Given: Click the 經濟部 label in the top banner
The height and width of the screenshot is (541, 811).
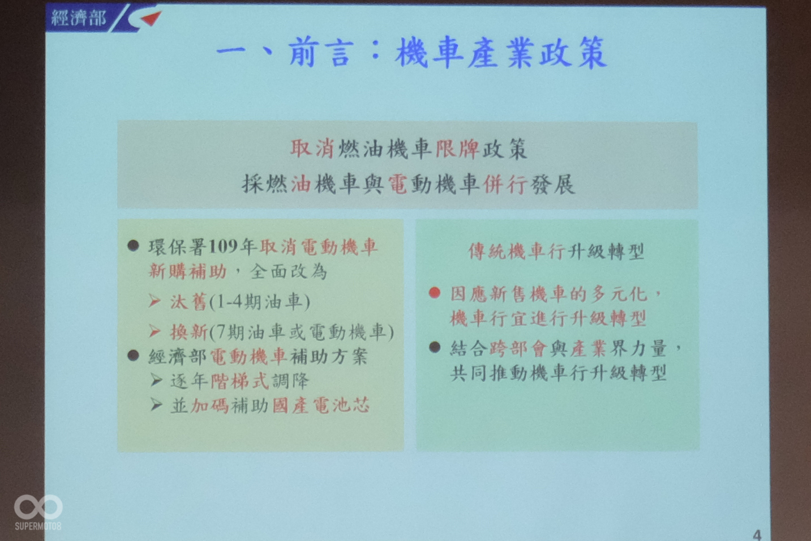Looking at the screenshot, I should [x=79, y=18].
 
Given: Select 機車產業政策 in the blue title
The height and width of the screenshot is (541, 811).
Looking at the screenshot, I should [x=501, y=53].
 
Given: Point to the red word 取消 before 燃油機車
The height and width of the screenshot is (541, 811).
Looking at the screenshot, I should [x=312, y=148].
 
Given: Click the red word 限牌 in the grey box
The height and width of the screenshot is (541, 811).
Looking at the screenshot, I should [x=457, y=148].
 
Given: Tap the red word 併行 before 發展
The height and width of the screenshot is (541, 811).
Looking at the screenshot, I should [x=505, y=184].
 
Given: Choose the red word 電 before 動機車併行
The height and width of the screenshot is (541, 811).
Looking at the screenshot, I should [x=398, y=184].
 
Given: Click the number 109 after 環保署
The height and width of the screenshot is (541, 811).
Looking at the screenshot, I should [x=223, y=247].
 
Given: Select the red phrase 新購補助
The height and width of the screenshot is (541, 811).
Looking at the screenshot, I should [x=188, y=271].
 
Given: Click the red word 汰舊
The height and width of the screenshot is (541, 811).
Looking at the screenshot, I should [x=188, y=301].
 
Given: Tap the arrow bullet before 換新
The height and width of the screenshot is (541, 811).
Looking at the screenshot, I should [x=155, y=331].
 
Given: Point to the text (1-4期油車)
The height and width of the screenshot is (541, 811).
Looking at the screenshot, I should [x=260, y=301].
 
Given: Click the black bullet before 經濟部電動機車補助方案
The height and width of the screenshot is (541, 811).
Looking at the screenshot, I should [x=134, y=355].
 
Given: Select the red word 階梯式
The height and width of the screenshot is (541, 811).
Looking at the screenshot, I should [x=239, y=381].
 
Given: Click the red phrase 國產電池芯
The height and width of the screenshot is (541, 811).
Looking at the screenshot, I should [x=321, y=405].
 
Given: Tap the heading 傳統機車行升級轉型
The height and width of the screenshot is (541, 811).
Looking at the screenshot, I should [x=556, y=252].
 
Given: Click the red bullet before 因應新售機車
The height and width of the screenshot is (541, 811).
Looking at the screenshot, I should [x=435, y=293].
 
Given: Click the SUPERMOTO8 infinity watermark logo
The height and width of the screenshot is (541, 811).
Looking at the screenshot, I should [x=38, y=508].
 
